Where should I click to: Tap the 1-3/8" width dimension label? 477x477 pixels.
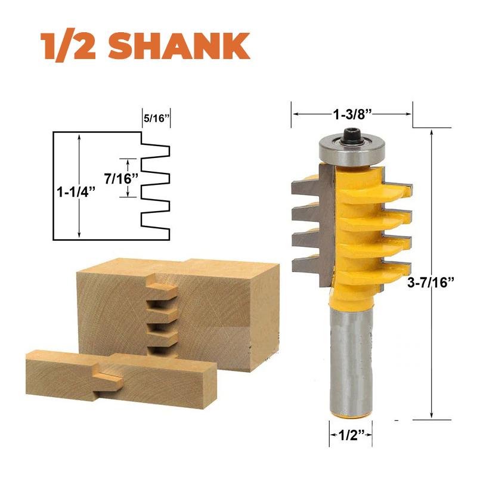(352, 111)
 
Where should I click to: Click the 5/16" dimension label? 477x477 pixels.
(156, 118)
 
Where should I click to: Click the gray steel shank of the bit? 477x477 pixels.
(351, 358)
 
